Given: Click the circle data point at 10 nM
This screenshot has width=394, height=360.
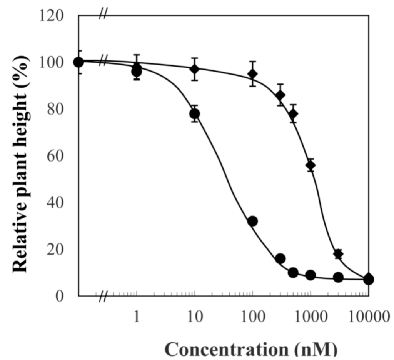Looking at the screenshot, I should pyautogui.click(x=195, y=114).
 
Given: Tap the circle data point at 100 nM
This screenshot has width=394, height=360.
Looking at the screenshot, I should pyautogui.click(x=252, y=221).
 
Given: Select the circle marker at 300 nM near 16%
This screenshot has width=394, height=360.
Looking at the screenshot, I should pyautogui.click(x=280, y=258).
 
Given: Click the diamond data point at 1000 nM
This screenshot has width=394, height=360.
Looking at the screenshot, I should pyautogui.click(x=311, y=165).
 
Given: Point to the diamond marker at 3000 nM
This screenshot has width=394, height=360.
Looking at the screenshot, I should pyautogui.click(x=338, y=254).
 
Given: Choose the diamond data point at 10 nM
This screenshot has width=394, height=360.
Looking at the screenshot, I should pyautogui.click(x=195, y=69).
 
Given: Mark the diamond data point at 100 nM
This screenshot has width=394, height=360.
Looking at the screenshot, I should pyautogui.click(x=252, y=73).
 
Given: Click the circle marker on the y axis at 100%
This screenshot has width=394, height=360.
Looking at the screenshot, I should pyautogui.click(x=78, y=62).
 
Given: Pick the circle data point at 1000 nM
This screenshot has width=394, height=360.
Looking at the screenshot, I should pyautogui.click(x=311, y=275).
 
